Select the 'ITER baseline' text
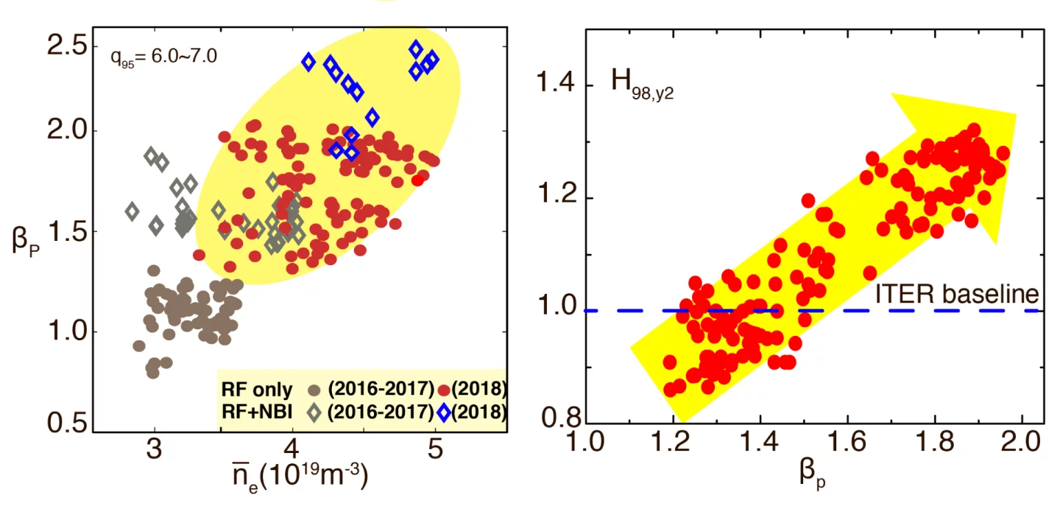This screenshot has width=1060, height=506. [x=956, y=294]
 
